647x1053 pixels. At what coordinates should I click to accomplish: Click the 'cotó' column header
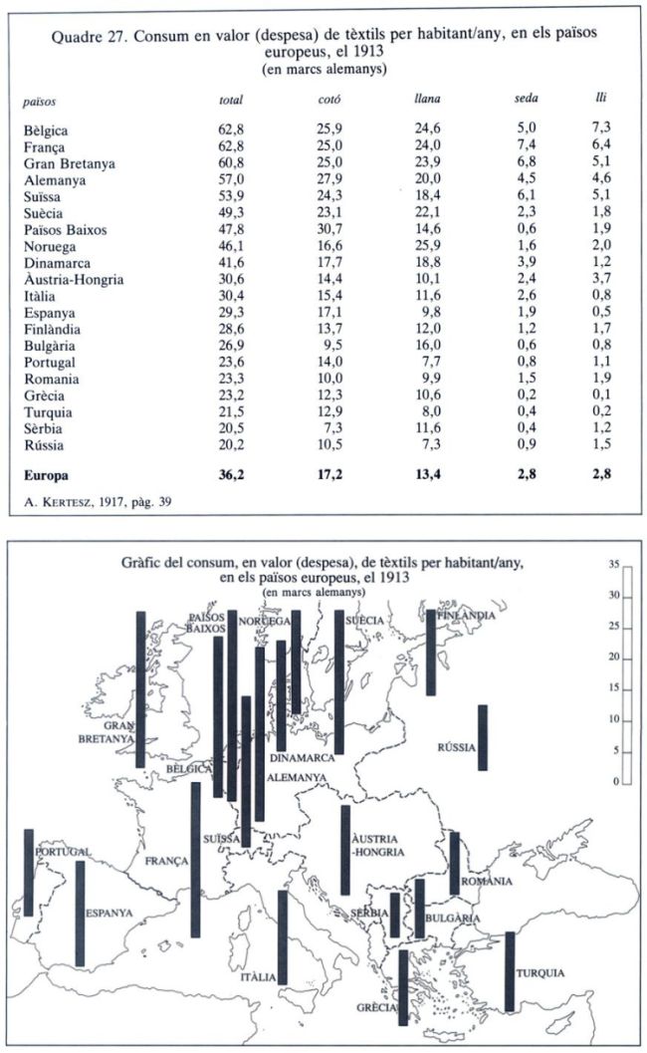point(328,100)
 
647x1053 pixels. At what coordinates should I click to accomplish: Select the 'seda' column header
point(527,98)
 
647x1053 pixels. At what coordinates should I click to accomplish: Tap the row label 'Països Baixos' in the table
point(65,230)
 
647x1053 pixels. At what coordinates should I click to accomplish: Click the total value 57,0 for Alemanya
point(231,179)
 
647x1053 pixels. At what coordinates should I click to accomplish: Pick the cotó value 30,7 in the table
point(329,229)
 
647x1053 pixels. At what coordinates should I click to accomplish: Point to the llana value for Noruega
point(428,245)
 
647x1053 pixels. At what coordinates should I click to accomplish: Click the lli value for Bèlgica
point(601,128)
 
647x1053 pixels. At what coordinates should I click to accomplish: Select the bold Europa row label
point(47,475)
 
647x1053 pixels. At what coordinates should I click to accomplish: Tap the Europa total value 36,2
point(231,475)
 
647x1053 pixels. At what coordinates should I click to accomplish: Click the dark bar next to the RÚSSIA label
point(483,737)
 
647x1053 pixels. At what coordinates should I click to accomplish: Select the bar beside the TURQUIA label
point(510,971)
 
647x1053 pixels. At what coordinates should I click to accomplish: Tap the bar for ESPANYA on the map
point(80,914)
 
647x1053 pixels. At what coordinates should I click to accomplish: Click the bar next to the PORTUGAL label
point(28,873)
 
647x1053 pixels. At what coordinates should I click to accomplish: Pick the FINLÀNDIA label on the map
point(467,615)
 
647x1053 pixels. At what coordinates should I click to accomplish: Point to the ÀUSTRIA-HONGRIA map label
point(378,846)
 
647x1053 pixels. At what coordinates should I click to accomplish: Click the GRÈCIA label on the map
point(377,1007)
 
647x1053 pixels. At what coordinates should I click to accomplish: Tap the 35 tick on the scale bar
point(614,565)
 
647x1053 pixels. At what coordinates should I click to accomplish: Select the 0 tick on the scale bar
point(616,782)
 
